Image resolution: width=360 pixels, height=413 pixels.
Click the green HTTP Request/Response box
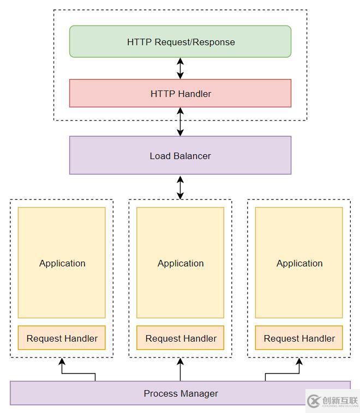click(x=180, y=41)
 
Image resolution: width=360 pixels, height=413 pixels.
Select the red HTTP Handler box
click(x=180, y=93)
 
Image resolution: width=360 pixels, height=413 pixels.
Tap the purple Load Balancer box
click(x=180, y=155)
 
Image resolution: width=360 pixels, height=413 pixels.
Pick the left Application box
click(x=62, y=263)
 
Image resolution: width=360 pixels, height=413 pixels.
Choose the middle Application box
click(x=180, y=263)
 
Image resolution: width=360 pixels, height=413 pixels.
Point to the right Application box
click(x=299, y=263)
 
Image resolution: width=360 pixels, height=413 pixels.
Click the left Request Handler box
click(x=62, y=338)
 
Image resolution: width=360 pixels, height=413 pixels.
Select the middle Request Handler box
click(x=180, y=338)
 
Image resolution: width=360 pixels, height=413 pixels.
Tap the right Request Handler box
click(x=299, y=338)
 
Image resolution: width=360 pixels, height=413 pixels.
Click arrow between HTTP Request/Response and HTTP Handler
click(x=180, y=68)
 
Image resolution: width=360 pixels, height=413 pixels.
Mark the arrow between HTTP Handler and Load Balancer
click(x=180, y=122)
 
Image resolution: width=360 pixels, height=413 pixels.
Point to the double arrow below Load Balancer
click(x=180, y=187)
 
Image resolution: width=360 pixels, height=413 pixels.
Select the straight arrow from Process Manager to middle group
click(x=180, y=369)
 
